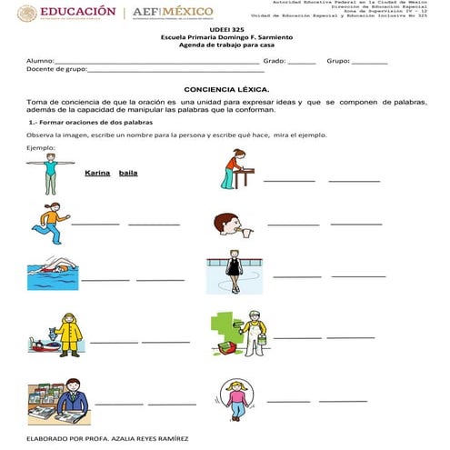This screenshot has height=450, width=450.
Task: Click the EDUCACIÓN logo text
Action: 80,12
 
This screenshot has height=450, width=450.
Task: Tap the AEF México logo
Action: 173,14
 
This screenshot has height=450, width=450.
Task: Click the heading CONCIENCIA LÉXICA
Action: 226,90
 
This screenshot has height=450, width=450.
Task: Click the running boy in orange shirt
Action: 50,221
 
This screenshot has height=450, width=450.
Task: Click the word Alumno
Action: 40,61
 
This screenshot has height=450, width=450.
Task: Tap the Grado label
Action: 274,61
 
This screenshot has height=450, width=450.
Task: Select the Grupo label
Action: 337,61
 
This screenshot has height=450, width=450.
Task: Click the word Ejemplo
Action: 42,147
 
